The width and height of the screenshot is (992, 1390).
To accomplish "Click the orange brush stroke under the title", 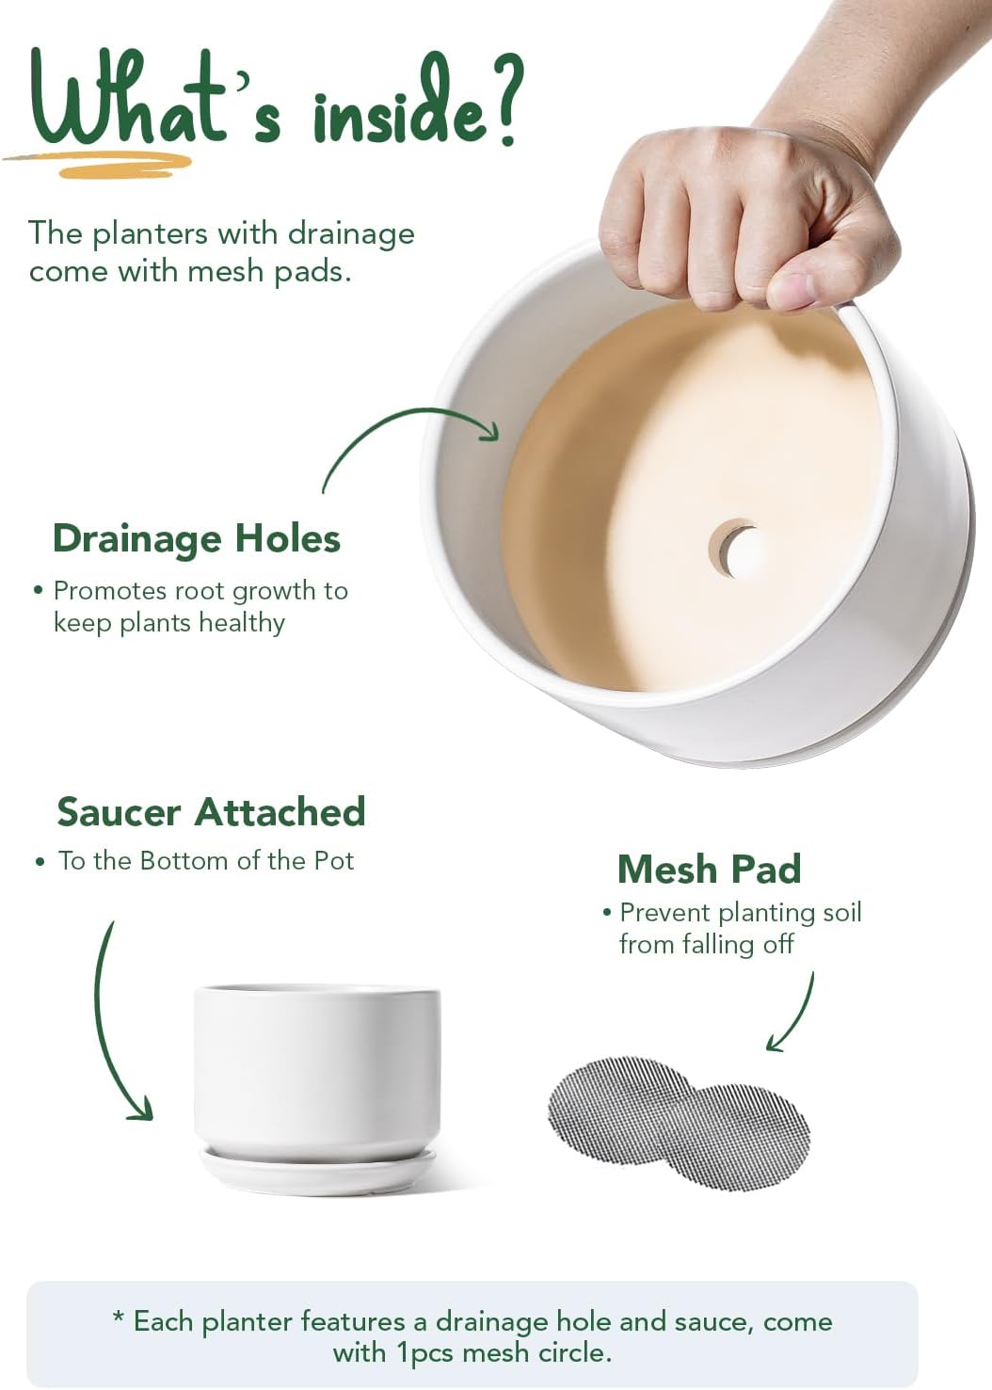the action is (100, 164).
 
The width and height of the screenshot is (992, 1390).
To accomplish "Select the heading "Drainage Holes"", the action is (197, 538).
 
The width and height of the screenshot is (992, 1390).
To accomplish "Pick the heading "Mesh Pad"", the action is (709, 869).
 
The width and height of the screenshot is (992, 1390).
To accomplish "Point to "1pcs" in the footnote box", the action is (425, 1352).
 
